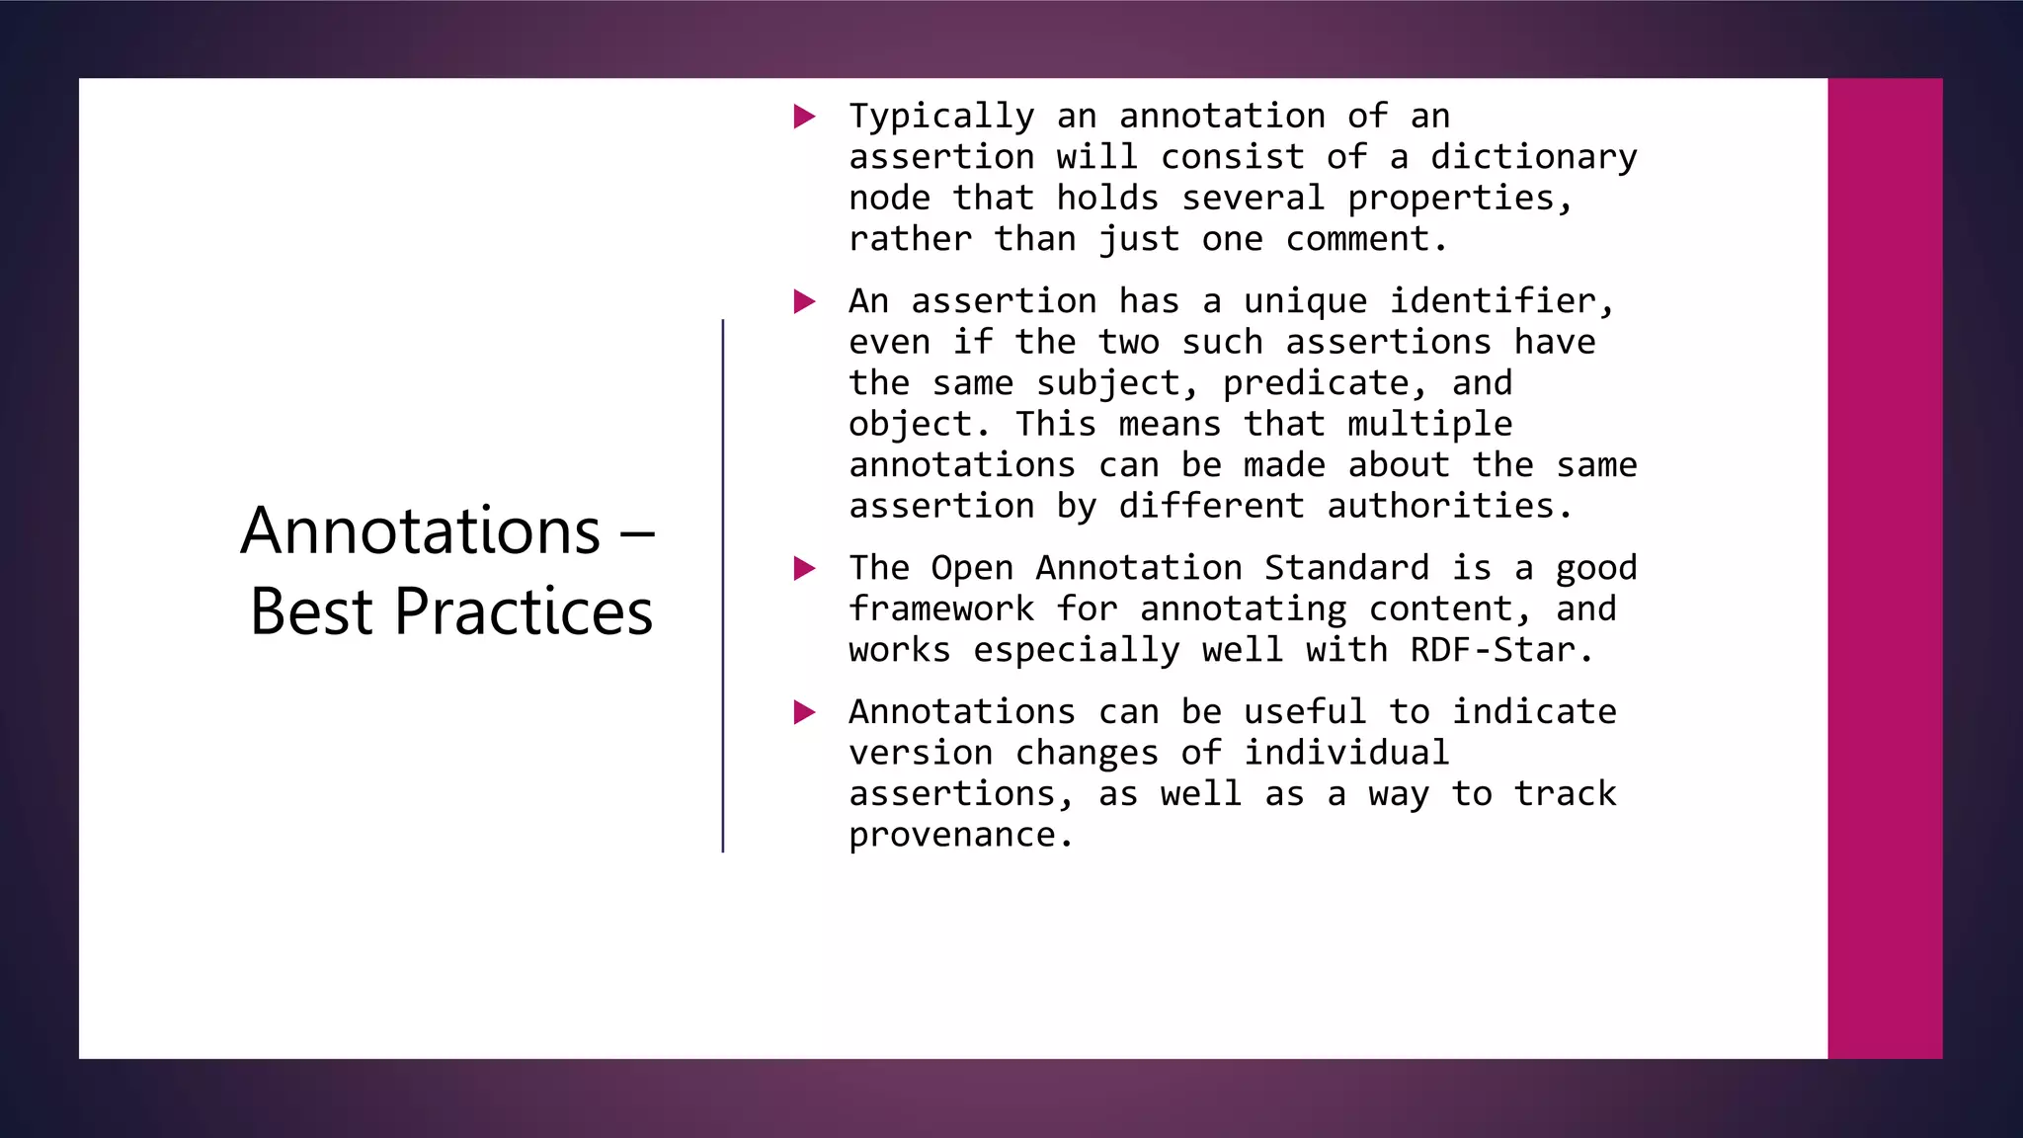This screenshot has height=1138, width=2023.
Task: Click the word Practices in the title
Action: tap(524, 612)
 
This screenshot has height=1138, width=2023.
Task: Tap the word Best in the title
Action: tap(311, 612)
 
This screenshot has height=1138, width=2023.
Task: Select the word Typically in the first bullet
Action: tap(941, 117)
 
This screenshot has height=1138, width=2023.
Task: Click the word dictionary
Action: tap(1533, 157)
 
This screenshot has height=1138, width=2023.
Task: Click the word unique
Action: tap(1305, 301)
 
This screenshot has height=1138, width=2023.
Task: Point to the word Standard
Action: tap(1346, 568)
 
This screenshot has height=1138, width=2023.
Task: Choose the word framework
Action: tap(941, 610)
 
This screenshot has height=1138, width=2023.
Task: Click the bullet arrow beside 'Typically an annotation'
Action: tap(805, 117)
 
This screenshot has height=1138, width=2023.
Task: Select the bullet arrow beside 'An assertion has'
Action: tap(805, 301)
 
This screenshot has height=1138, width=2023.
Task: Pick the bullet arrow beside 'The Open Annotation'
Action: tap(805, 568)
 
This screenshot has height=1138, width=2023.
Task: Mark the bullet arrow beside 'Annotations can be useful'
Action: tap(805, 712)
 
